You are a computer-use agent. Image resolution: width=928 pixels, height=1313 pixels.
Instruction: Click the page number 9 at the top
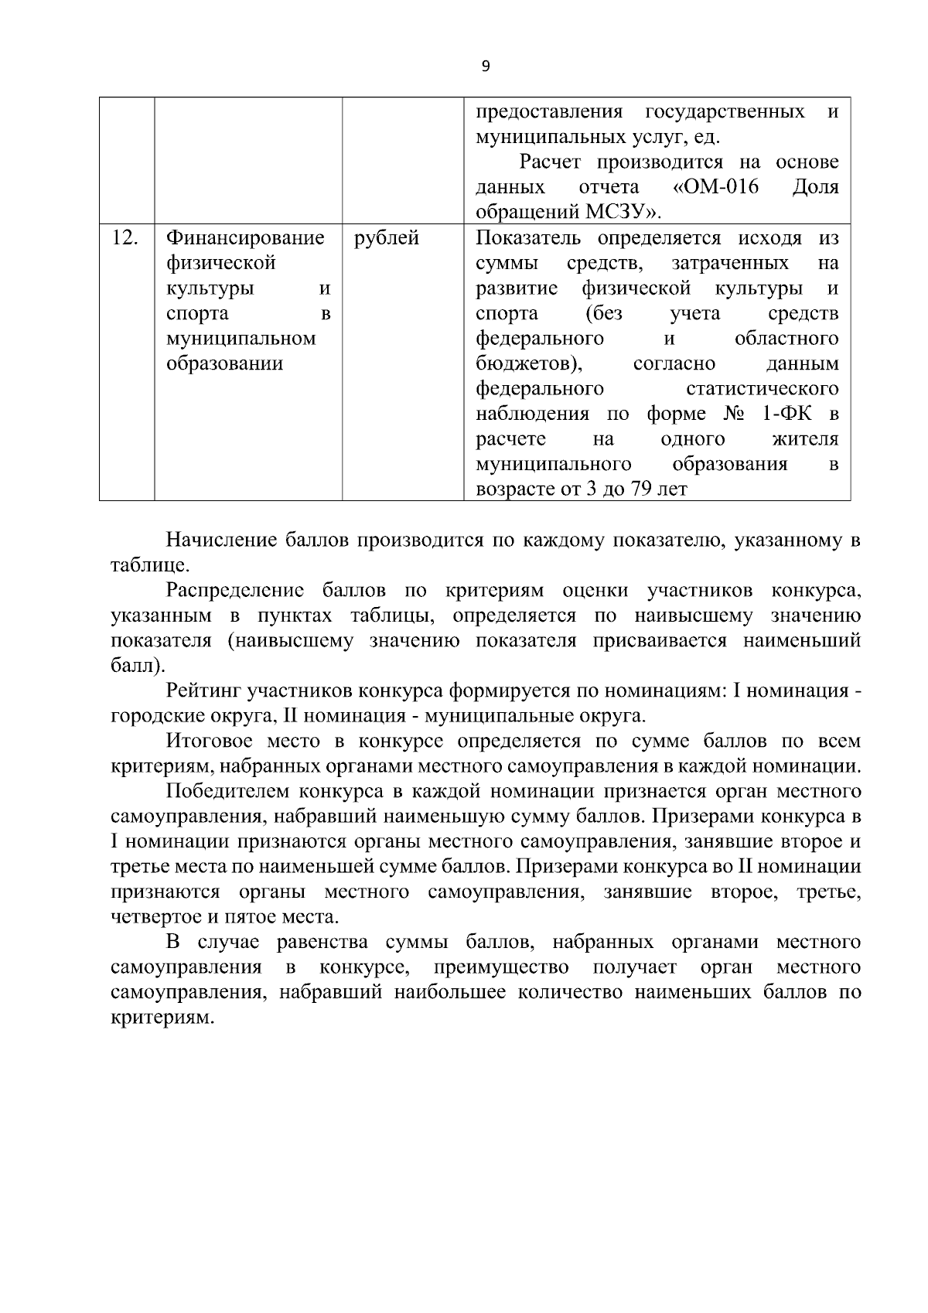[485, 67]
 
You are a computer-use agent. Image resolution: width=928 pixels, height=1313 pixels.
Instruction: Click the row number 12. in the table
[125, 238]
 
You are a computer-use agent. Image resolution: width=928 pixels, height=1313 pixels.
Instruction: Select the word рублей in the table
[387, 238]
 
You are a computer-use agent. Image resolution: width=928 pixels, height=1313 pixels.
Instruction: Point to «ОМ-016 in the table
[715, 187]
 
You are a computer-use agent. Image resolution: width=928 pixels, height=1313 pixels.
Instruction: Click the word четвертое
[155, 918]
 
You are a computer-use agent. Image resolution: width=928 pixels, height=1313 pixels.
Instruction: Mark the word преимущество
[501, 967]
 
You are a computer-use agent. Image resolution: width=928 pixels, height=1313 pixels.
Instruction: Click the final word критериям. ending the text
[161, 1018]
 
